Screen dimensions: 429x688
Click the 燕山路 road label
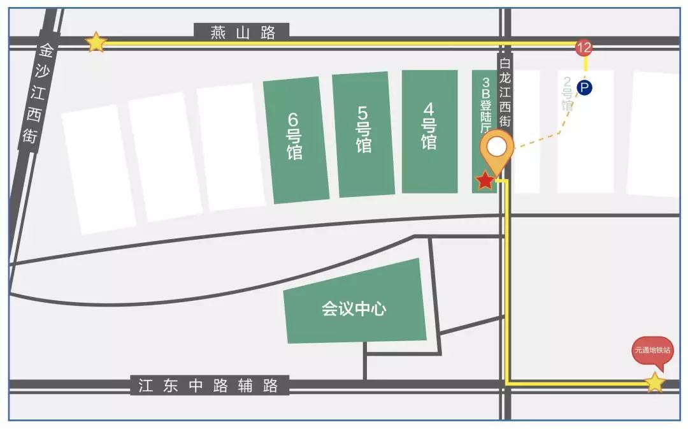(x=243, y=33)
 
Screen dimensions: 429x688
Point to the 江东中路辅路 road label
(x=209, y=386)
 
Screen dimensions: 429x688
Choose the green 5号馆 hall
(x=363, y=134)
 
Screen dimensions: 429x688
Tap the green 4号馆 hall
(x=429, y=131)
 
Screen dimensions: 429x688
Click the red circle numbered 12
(x=584, y=47)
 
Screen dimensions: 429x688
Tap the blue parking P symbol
(x=584, y=88)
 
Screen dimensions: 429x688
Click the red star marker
(x=485, y=181)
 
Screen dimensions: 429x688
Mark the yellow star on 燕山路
(x=96, y=42)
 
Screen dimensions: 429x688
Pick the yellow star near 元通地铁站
(x=654, y=383)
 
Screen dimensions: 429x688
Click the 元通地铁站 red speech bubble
(x=652, y=351)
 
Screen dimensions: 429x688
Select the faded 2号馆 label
(x=566, y=94)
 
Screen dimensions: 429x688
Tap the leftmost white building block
(x=99, y=169)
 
